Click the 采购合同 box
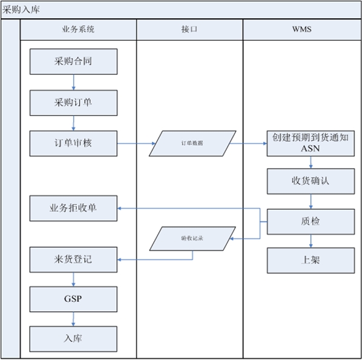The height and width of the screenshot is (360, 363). pyautogui.click(x=73, y=62)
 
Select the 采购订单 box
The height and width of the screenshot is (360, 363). pyautogui.click(x=73, y=102)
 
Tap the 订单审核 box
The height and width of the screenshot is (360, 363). pyautogui.click(x=73, y=143)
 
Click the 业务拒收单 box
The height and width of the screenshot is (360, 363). pyautogui.click(x=73, y=208)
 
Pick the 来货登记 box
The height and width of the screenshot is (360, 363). pyautogui.click(x=73, y=260)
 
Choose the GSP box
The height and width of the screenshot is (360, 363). pyautogui.click(x=73, y=299)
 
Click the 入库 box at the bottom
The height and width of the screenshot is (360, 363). pyautogui.click(x=73, y=338)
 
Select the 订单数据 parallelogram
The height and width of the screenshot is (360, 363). pyautogui.click(x=192, y=143)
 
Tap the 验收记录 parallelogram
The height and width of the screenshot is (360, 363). pyautogui.click(x=192, y=238)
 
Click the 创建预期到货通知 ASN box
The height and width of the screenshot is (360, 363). pyautogui.click(x=311, y=143)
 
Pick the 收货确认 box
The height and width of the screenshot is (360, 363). pyautogui.click(x=311, y=181)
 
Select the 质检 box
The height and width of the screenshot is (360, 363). pyautogui.click(x=311, y=221)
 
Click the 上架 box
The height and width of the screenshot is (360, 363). pyautogui.click(x=311, y=260)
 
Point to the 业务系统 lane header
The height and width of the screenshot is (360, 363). pyautogui.click(x=78, y=29)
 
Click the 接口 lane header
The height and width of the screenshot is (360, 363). pyautogui.click(x=189, y=29)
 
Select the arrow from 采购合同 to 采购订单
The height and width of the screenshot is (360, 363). pyautogui.click(x=73, y=82)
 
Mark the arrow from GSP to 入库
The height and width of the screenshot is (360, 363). pyautogui.click(x=73, y=319)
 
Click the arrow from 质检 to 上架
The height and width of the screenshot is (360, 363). pyautogui.click(x=311, y=241)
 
